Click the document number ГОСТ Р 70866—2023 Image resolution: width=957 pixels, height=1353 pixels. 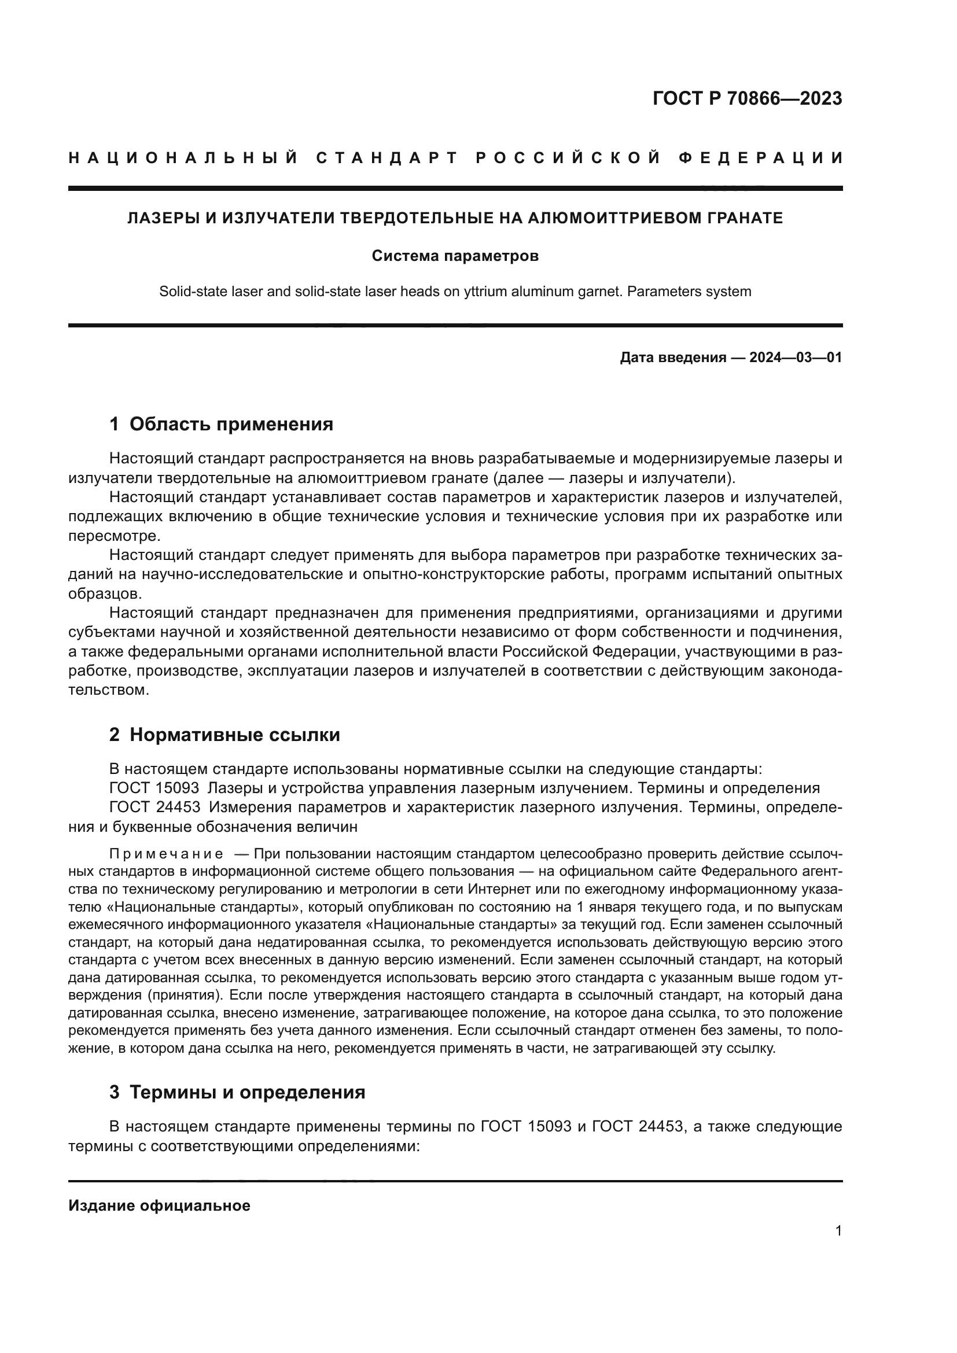click(746, 98)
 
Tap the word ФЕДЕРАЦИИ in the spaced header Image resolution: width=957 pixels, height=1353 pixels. click(760, 158)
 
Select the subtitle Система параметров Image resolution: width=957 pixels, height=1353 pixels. click(455, 256)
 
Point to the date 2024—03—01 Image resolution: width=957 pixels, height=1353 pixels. click(795, 357)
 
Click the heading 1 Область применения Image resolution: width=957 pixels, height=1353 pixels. click(221, 423)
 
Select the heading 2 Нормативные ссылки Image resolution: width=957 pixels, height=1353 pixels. click(224, 735)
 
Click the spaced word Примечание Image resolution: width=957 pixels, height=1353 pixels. click(166, 854)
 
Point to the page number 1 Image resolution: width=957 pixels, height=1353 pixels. click(838, 1231)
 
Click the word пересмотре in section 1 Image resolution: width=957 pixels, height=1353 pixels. click(113, 536)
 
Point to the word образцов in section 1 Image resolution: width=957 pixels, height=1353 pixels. click(105, 593)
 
